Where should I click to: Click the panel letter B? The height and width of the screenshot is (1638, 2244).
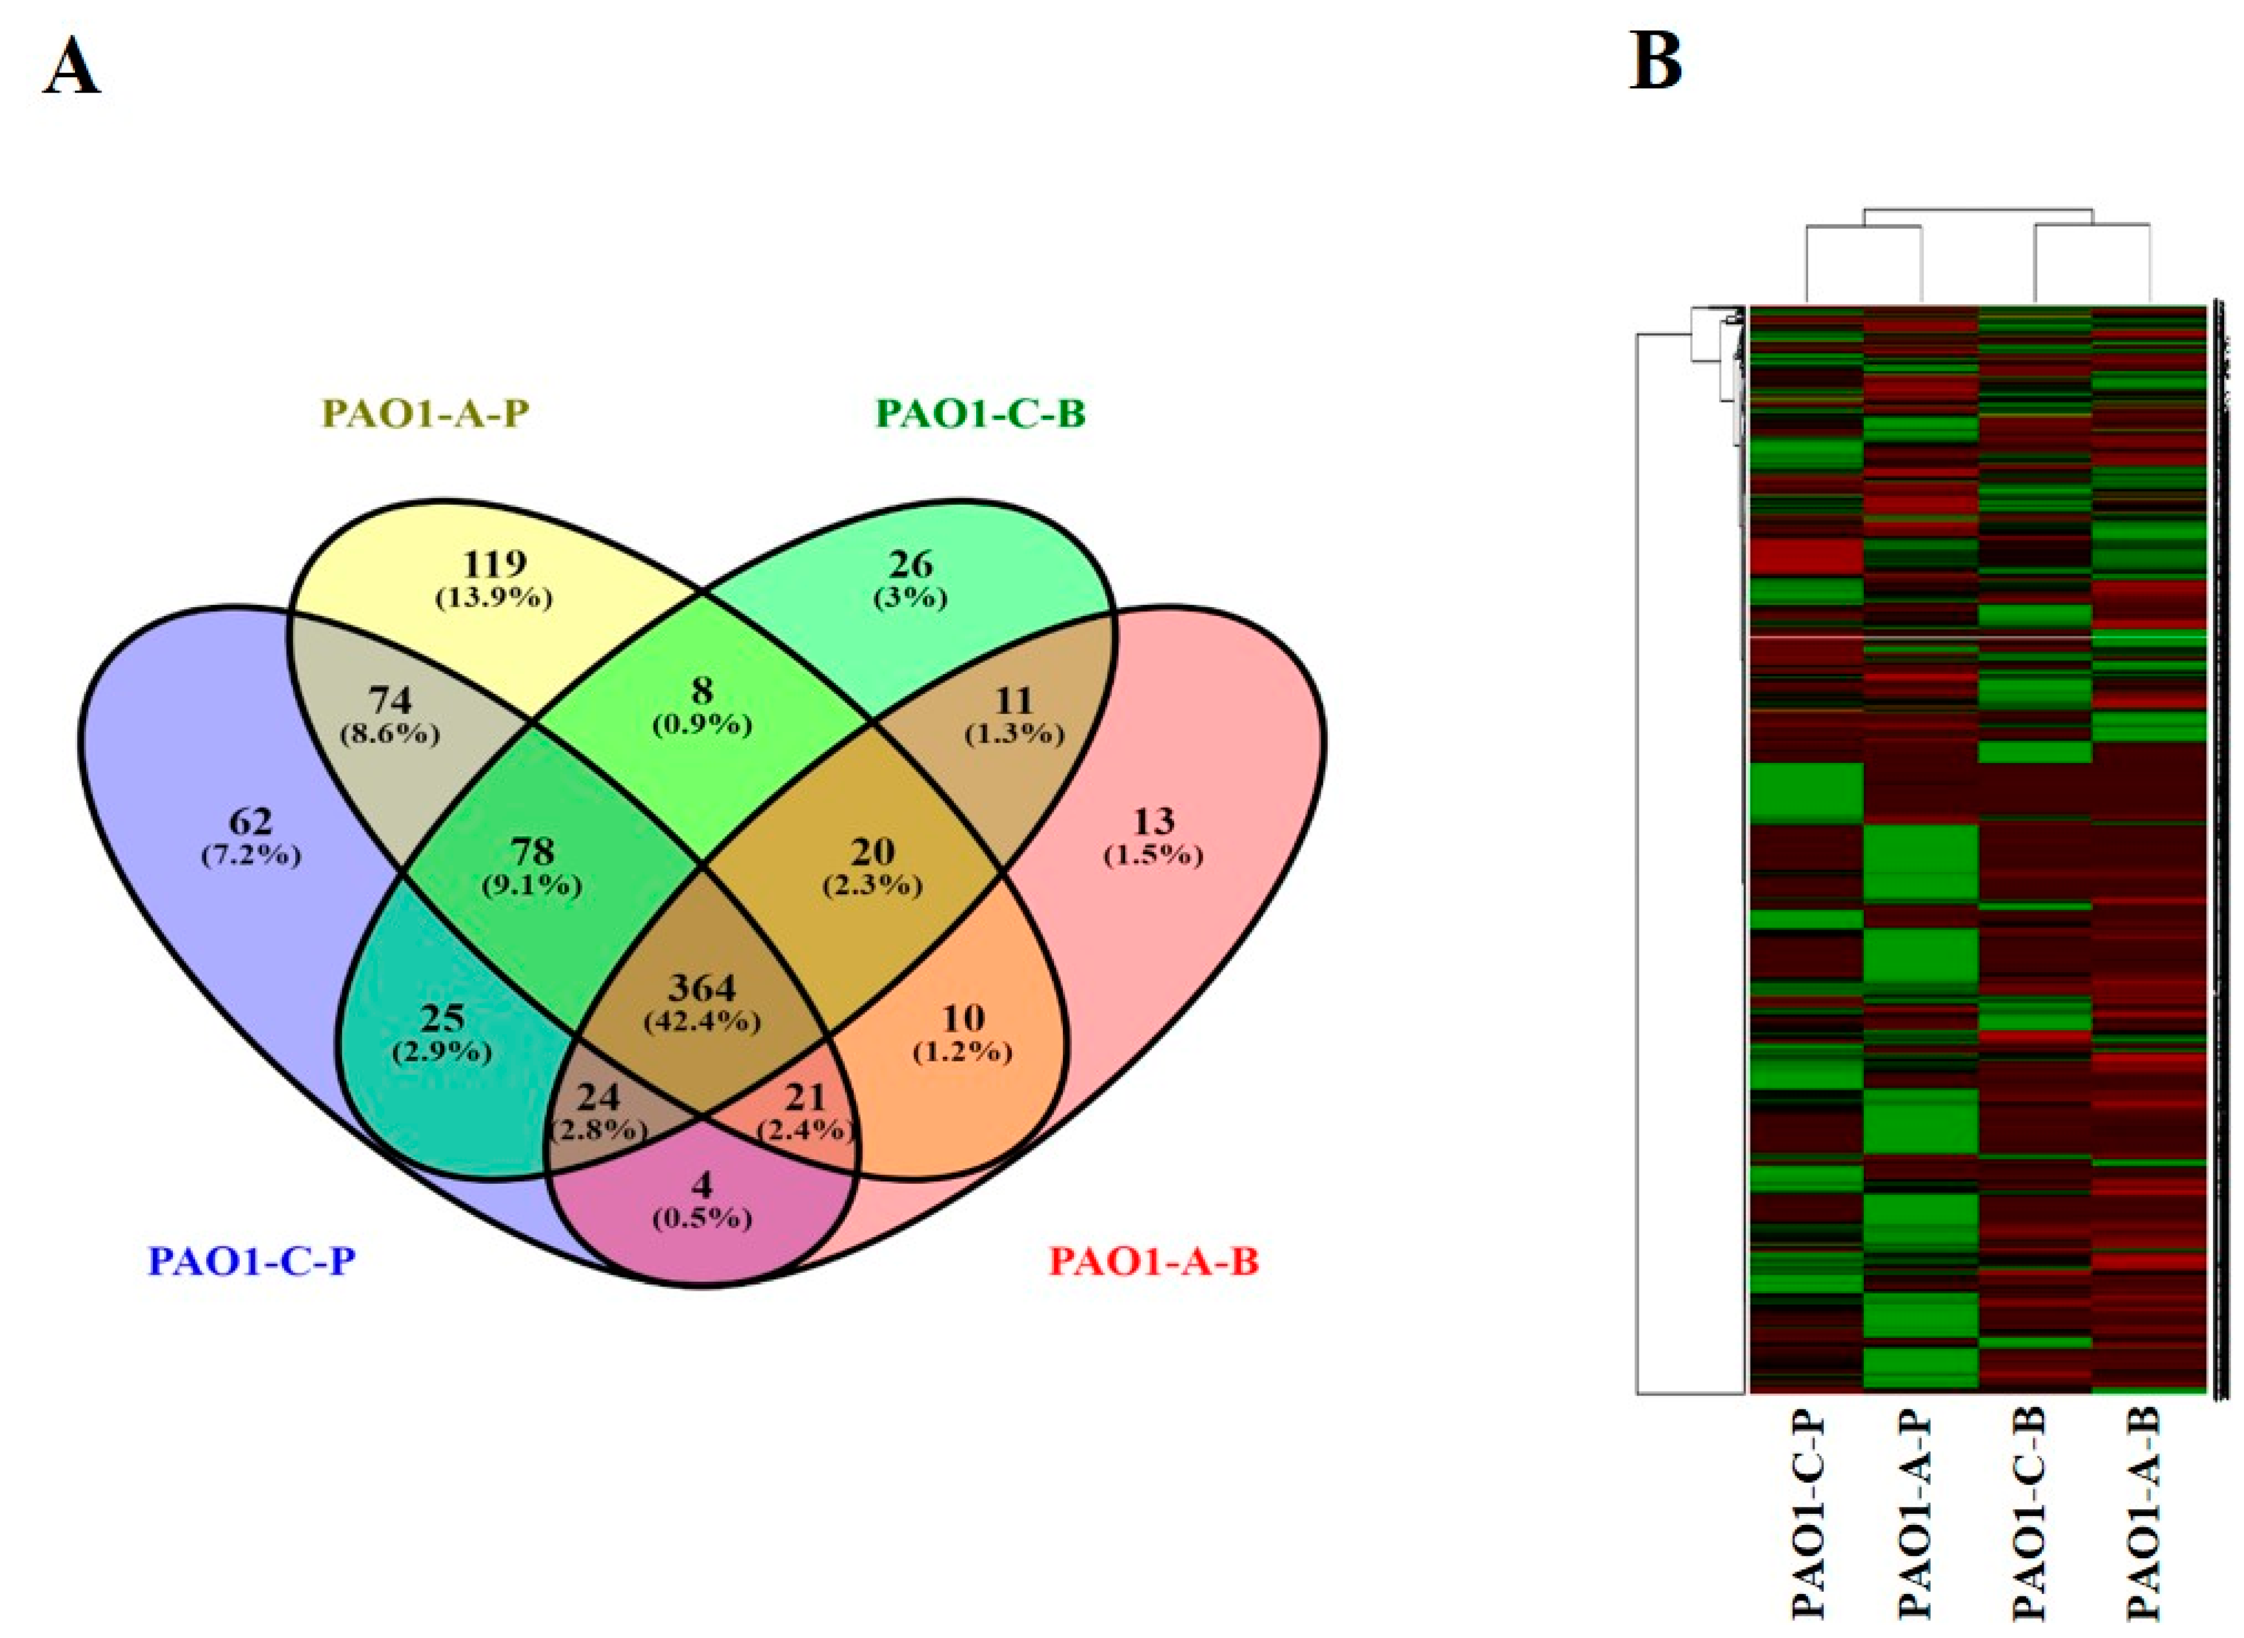(1656, 62)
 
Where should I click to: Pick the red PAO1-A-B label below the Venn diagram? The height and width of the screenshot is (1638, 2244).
(1154, 1262)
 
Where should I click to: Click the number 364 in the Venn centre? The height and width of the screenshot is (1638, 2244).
(702, 987)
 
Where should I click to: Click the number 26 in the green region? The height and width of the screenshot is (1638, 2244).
(910, 564)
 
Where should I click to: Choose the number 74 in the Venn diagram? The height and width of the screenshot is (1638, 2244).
(390, 701)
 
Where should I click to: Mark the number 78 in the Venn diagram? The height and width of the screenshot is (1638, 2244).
(531, 851)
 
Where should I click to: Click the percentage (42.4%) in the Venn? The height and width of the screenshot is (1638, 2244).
(702, 1021)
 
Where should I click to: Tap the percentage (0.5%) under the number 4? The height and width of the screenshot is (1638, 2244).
(702, 1218)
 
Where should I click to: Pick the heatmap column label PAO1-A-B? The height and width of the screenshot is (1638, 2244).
(2144, 1522)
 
